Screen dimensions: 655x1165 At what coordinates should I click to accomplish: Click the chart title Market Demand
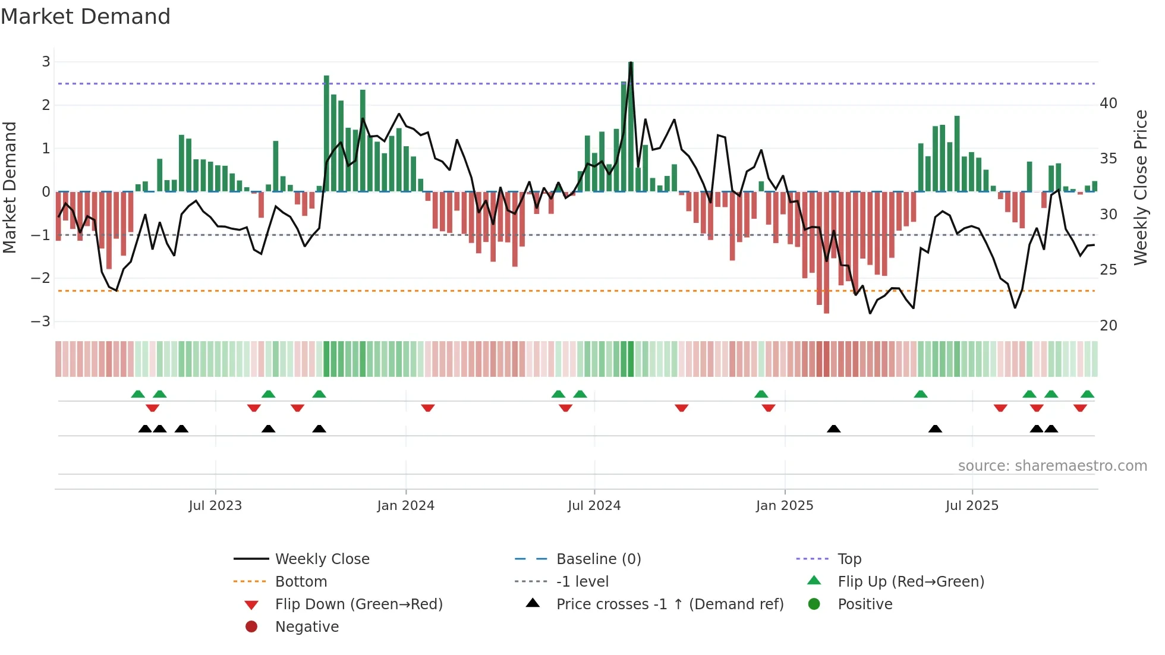[86, 17]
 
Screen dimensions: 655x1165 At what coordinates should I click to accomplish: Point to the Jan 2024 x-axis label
[405, 506]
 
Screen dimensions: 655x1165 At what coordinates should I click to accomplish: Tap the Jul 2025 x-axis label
[972, 506]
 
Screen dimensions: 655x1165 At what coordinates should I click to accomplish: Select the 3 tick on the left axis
[46, 62]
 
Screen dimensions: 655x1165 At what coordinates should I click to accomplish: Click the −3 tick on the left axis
[41, 322]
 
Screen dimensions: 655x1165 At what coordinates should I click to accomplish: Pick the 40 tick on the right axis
[1108, 103]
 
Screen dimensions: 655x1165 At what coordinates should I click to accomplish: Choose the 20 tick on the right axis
[1108, 326]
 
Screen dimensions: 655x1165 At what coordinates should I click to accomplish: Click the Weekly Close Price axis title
[1140, 187]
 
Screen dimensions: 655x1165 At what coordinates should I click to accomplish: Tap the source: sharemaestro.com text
[1052, 466]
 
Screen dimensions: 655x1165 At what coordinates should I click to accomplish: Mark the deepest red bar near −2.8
[826, 253]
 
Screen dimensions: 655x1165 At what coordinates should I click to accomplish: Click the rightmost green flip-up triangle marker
[1087, 394]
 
